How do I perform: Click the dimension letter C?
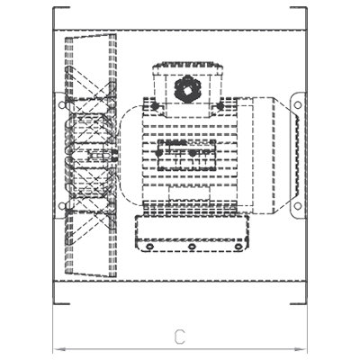coord(180,337)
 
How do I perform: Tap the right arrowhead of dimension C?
coord(301,349)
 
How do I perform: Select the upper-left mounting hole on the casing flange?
coord(62,105)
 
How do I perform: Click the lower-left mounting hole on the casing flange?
coord(62,206)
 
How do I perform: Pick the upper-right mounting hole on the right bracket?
coord(298,105)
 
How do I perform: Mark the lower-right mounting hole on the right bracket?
coord(298,206)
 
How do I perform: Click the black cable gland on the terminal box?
coord(187,89)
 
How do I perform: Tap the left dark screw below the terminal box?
coord(155,105)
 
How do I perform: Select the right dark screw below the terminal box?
coord(220,105)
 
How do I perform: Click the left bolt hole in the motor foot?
coord(149,247)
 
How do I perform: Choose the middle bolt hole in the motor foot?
coord(192,247)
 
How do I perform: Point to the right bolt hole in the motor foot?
coord(238,247)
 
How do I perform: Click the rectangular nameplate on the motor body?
coord(187,155)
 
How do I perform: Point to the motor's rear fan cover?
coord(264,156)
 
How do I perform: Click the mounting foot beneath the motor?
coord(192,233)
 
